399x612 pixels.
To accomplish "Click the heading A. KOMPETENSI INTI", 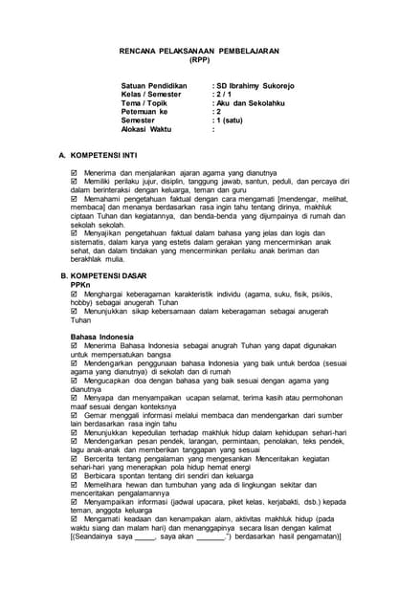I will tap(102, 154).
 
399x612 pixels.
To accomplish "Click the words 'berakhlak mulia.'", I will tap(98, 258).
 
